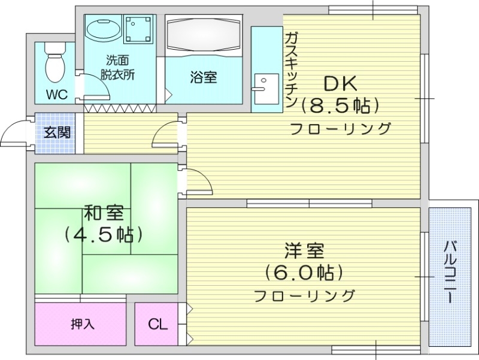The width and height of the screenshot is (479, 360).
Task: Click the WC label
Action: coord(57,95)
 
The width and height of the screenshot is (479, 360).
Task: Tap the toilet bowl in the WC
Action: coord(55,66)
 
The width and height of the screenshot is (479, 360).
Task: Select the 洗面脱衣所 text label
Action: coord(117,67)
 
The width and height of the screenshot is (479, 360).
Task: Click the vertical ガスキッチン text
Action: coord(291,69)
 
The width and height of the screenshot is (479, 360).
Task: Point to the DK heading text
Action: coord(341,83)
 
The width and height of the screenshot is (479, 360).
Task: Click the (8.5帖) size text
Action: coord(340,106)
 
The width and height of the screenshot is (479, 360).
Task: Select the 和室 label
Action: coord(104,212)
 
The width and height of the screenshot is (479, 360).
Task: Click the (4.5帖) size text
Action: coord(104,234)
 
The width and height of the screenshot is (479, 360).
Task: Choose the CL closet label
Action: coord(158,325)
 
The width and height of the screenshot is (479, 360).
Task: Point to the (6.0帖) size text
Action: coord(304,273)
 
